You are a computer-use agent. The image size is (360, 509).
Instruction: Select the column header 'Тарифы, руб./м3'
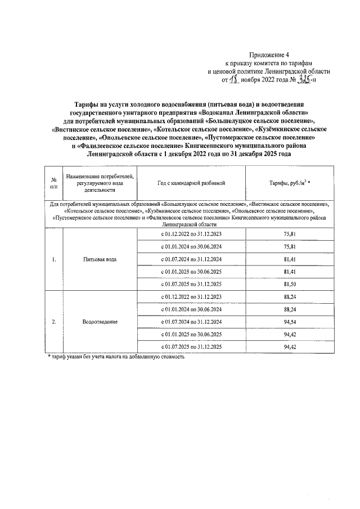tap(290, 183)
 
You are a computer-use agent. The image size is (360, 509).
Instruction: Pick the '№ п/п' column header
tap(53, 183)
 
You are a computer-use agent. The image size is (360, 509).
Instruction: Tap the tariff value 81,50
tap(290, 284)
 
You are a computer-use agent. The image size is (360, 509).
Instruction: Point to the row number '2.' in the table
tap(53, 322)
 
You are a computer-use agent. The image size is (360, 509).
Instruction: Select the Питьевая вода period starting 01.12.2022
tap(192, 233)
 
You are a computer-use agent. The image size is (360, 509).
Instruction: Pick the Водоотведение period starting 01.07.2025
tap(192, 347)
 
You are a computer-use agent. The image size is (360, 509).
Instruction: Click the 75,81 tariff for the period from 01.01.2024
tap(290, 246)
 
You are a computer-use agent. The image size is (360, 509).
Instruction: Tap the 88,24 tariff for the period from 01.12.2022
tap(290, 296)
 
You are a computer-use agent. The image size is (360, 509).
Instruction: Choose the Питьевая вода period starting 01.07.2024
tap(192, 259)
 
